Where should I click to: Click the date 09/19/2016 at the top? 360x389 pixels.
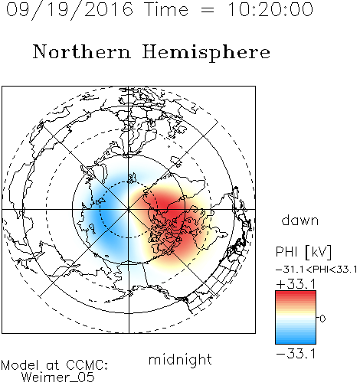tap(70, 10)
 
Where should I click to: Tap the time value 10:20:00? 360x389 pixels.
tap(270, 9)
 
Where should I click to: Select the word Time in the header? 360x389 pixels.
tap(166, 9)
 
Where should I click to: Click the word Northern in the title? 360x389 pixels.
tap(82, 51)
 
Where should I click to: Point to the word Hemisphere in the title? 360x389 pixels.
tap(206, 52)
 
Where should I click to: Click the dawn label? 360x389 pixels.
tap(300, 220)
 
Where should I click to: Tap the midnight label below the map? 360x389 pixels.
tap(180, 359)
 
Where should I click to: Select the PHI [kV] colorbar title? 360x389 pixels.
tap(303, 252)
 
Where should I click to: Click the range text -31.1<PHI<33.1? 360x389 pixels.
tap(316, 270)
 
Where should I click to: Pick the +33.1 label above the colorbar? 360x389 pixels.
tap(296, 284)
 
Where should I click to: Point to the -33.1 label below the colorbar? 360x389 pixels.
tap(296, 354)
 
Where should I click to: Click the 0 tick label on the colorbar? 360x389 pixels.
tap(322, 319)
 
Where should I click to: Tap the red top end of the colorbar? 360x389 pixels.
tap(296, 293)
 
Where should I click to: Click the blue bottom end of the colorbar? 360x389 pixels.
tap(296, 342)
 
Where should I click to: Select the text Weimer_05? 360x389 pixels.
tap(58, 377)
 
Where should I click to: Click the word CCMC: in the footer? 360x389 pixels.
tap(87, 365)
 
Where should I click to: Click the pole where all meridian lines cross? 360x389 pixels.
tap(129, 209)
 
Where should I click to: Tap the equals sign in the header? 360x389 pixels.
tap(208, 10)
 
